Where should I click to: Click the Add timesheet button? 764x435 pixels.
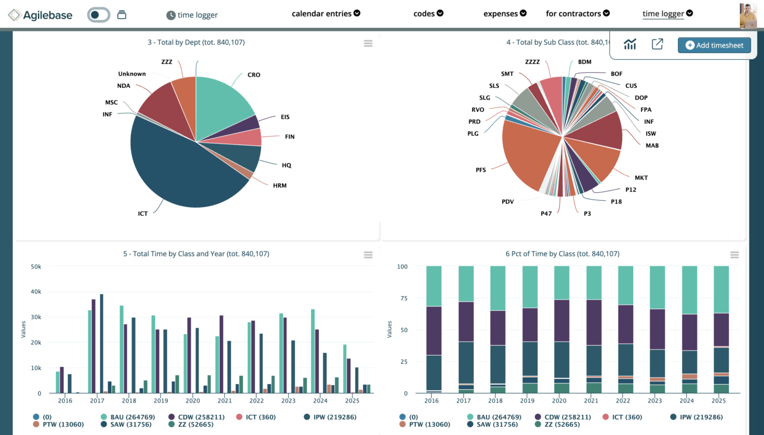click(x=714, y=45)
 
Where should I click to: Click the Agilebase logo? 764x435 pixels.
click(x=40, y=15)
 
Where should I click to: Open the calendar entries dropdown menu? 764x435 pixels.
click(x=326, y=13)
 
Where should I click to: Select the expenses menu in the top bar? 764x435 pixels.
click(x=504, y=13)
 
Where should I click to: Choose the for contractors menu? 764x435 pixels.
click(x=577, y=13)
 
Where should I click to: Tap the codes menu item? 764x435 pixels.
click(x=428, y=13)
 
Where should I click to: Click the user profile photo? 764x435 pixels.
click(x=748, y=15)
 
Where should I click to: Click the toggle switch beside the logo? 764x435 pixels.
click(x=98, y=15)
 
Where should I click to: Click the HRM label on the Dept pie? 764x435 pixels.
click(x=280, y=186)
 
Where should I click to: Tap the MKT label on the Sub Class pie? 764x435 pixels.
click(x=641, y=178)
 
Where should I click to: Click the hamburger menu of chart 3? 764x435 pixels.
click(x=368, y=44)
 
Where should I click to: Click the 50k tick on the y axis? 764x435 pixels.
click(x=35, y=267)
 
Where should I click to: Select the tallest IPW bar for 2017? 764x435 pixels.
click(x=101, y=343)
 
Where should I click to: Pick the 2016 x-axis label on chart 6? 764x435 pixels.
click(x=432, y=401)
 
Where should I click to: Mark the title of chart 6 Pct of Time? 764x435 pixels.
click(x=562, y=254)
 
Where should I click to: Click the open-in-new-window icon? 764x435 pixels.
click(x=657, y=45)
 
